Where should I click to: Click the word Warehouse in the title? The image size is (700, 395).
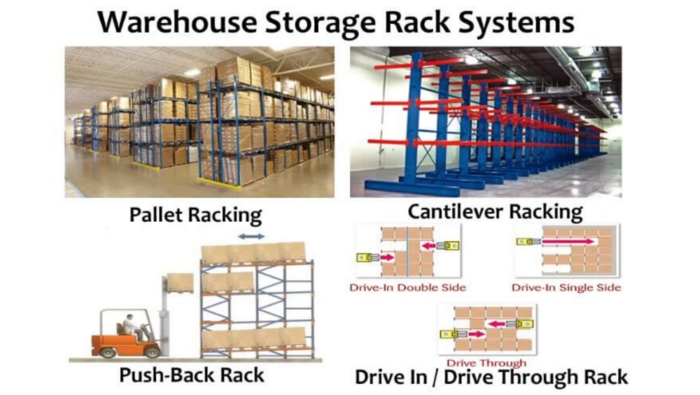pyautogui.click(x=178, y=22)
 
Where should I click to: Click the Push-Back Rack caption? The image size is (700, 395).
pyautogui.click(x=192, y=375)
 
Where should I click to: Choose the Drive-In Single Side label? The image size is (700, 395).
pyautogui.click(x=566, y=287)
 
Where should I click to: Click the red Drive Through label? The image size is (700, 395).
pyautogui.click(x=486, y=363)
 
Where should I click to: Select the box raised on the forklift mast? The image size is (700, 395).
pyautogui.click(x=180, y=282)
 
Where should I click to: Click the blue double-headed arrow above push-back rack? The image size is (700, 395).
pyautogui.click(x=251, y=237)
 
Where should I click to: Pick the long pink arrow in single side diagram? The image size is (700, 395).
pyautogui.click(x=567, y=242)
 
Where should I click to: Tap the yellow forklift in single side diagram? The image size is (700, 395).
pyautogui.click(x=526, y=242)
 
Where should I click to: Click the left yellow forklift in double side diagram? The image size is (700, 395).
pyautogui.click(x=365, y=257)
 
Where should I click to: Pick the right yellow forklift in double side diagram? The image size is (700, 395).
pyautogui.click(x=450, y=245)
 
